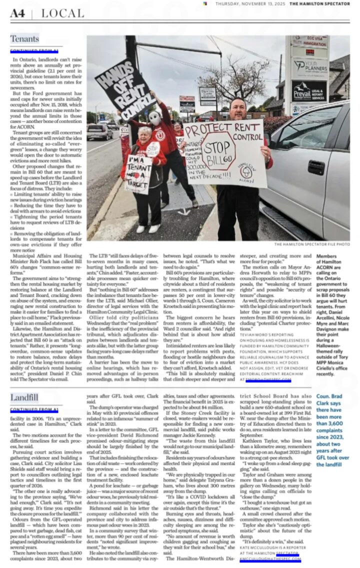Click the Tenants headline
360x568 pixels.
[24, 39]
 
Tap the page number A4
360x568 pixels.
[17, 14]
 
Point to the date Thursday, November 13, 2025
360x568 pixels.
[250, 4]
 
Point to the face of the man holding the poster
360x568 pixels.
[237, 109]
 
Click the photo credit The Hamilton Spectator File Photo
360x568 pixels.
[311, 244]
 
